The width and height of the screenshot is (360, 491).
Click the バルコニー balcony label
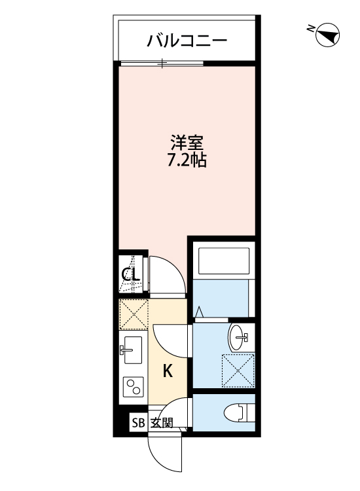coord(187,41)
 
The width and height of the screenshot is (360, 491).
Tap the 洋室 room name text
coord(187,142)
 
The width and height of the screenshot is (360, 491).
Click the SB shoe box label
coord(138,422)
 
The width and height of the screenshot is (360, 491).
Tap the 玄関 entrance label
coord(162,422)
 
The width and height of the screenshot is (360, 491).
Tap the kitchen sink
coord(132,352)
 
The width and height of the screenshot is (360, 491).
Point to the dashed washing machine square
coord(237,371)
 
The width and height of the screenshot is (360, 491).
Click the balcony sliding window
coord(162,64)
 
